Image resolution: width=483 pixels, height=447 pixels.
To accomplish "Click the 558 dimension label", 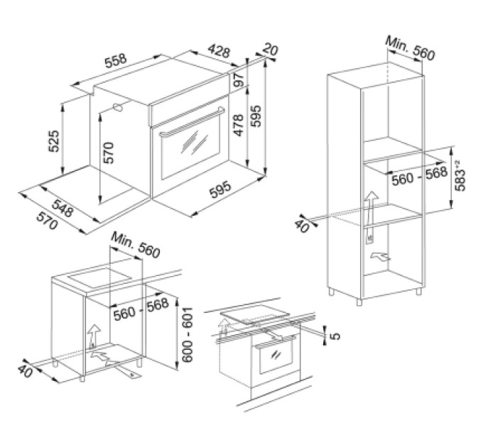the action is pyautogui.click(x=116, y=61).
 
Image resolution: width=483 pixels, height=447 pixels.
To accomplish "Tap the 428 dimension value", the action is pyautogui.click(x=219, y=51).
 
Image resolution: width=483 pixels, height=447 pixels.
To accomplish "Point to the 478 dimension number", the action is pyautogui.click(x=239, y=125).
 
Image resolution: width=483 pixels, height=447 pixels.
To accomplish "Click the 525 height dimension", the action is pyautogui.click(x=53, y=141).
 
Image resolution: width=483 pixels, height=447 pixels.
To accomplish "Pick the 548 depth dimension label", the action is pyautogui.click(x=63, y=208).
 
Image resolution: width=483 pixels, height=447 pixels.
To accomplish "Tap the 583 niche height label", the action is pyautogui.click(x=460, y=176).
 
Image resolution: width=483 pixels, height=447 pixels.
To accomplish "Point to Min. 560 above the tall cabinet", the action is pyautogui.click(x=411, y=49).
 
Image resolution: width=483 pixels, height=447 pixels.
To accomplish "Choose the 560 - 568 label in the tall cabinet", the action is pyautogui.click(x=419, y=176).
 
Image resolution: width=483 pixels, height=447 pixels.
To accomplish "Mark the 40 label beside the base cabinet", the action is pyautogui.click(x=25, y=370).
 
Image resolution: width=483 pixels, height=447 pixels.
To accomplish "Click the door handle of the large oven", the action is pyautogui.click(x=192, y=121).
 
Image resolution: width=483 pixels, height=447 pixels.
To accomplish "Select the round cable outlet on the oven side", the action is pyautogui.click(x=118, y=108).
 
